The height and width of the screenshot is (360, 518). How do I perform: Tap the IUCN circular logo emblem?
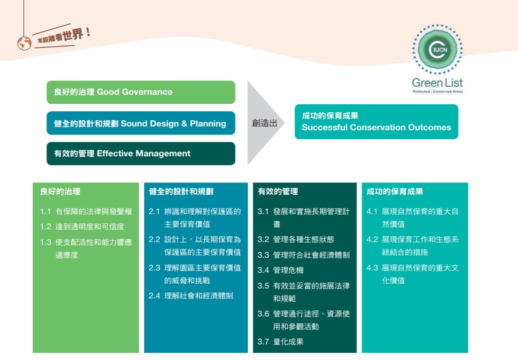coord(437,49)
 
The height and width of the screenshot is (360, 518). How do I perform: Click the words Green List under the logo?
coord(437,83)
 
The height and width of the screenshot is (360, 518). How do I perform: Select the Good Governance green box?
coord(141,92)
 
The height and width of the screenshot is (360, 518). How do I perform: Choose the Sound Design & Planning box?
coord(141,123)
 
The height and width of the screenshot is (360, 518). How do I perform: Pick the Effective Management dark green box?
coord(141,153)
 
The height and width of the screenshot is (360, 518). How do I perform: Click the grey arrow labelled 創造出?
coord(264,123)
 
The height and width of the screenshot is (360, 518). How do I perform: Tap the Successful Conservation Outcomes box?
coord(376,122)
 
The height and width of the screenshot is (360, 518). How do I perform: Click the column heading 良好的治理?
coord(60,192)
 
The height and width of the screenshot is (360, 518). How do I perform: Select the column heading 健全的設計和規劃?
coord(181,192)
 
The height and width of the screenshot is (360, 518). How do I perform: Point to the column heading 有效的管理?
coord(278,192)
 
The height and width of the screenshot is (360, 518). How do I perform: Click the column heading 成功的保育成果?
coord(395,192)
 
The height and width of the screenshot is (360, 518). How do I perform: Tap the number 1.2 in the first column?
coord(45,227)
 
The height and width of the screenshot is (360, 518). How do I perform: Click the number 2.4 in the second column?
coord(154,296)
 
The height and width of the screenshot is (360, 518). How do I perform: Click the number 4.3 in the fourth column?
coord(373,268)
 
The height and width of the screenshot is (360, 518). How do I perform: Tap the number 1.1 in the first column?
coord(45,212)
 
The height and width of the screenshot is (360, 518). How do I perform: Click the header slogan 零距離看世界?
coord(62,37)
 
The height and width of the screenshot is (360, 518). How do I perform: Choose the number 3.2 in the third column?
coord(264,240)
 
